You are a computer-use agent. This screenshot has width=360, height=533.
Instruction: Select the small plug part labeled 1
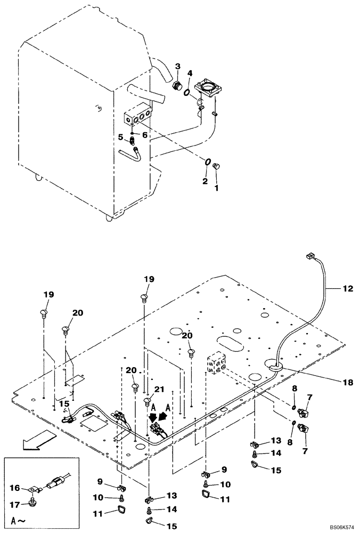click(217, 167)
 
